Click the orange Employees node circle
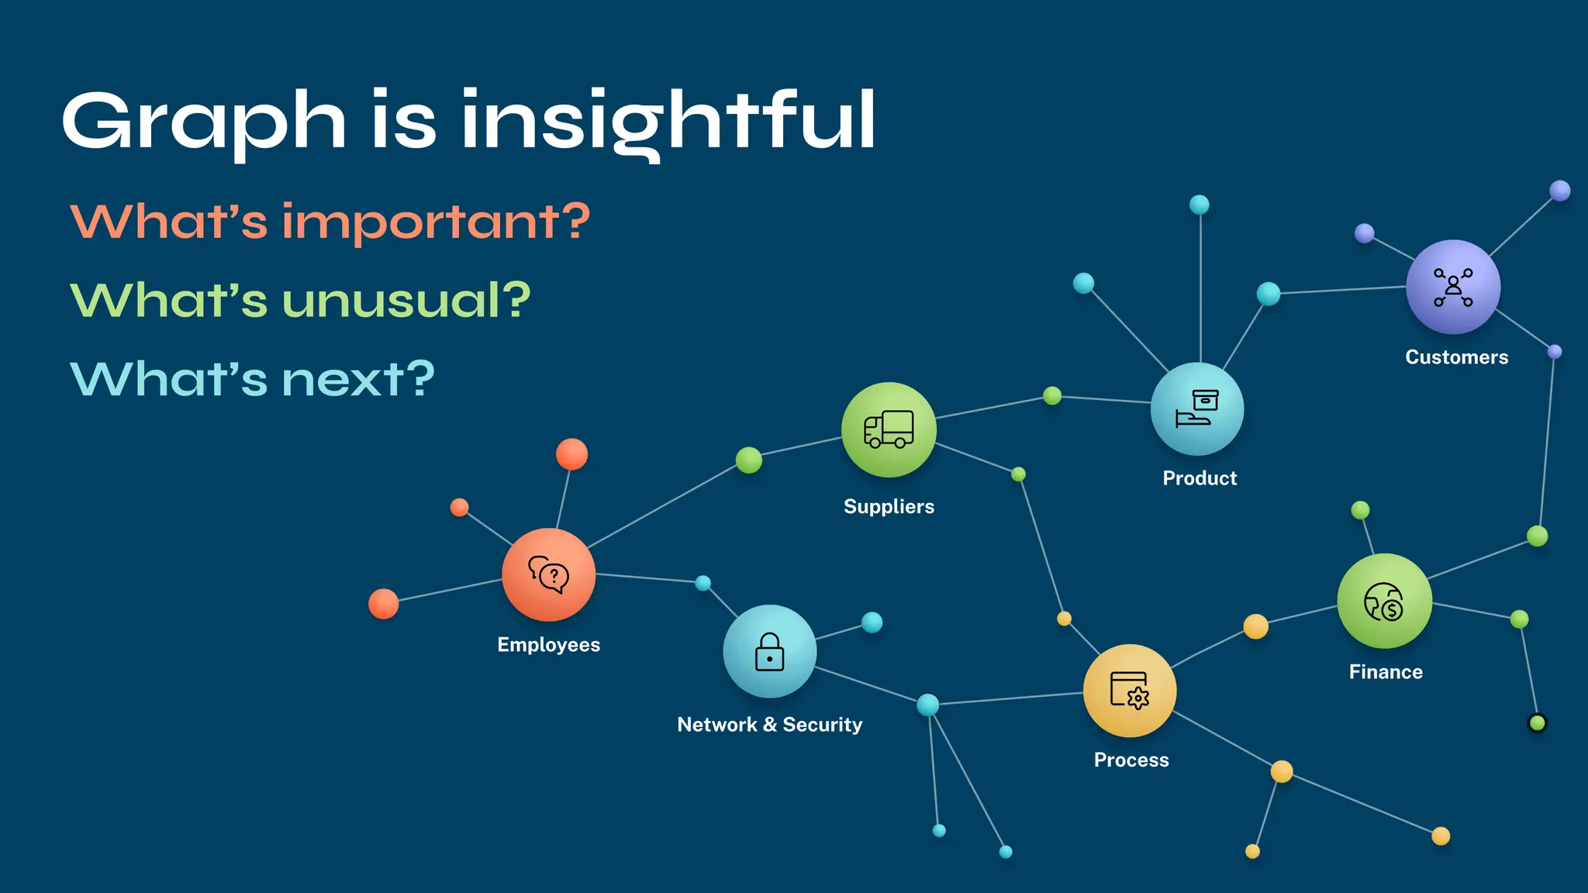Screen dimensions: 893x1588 tap(548, 574)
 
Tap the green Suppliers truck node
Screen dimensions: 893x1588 tap(889, 429)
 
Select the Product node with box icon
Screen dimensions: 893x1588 tap(1197, 409)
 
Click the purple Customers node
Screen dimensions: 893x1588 tap(1453, 287)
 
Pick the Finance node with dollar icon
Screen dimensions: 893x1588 tap(1384, 601)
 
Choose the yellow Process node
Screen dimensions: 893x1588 tap(1130, 690)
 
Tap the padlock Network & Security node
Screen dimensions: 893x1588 tap(769, 651)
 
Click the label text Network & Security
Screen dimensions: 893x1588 tap(769, 725)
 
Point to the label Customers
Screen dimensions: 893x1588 tap(1456, 357)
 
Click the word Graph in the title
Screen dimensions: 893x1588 tap(203, 121)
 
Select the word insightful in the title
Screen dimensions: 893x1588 tap(668, 121)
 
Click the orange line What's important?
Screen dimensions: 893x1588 tap(330, 222)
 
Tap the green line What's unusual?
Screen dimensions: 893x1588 tap(300, 300)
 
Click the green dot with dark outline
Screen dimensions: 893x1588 tap(1537, 723)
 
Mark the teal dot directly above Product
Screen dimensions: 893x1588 tap(1199, 205)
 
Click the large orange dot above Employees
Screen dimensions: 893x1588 tap(571, 454)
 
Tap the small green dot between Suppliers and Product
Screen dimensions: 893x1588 tap(1052, 396)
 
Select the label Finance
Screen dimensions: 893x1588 tap(1386, 672)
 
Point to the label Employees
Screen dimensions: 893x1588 tap(548, 645)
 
